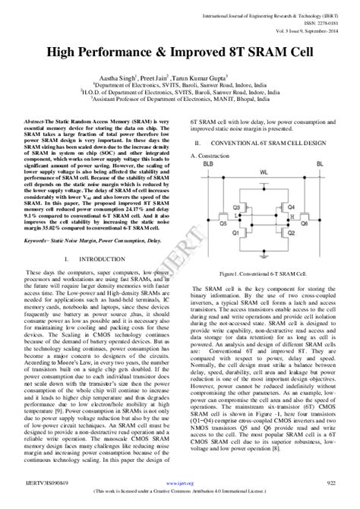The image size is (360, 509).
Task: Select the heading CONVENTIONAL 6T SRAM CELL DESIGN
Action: point(271,142)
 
